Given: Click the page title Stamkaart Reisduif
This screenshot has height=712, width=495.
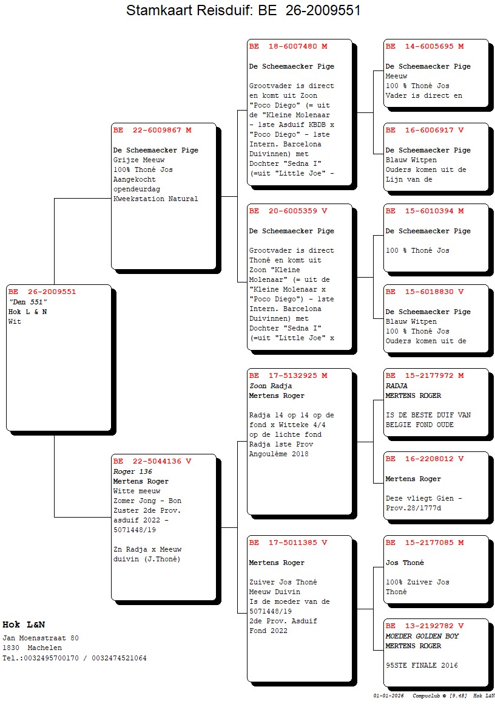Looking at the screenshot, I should click(x=243, y=10).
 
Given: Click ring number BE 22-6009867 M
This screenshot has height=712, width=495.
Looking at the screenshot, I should click(x=152, y=130).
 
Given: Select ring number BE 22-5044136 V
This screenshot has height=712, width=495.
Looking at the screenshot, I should click(x=152, y=462).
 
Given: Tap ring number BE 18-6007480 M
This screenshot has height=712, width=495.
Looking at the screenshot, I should click(x=288, y=47).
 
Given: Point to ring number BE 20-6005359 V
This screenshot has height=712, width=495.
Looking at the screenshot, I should click(x=288, y=211).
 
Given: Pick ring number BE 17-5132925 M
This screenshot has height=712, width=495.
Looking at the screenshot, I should click(x=288, y=376).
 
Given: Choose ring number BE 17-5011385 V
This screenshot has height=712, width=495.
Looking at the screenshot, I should click(x=288, y=543).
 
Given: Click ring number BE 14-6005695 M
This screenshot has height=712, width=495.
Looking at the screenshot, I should click(x=425, y=47).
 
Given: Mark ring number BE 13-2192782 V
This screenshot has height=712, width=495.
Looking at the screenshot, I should click(x=425, y=626).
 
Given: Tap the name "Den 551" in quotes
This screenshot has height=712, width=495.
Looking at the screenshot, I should click(x=28, y=302).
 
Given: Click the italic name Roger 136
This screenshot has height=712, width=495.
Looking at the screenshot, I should click(x=132, y=471).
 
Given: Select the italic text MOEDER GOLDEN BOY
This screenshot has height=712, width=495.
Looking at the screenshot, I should click(x=422, y=636).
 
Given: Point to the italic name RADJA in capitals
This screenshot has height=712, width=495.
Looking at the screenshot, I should click(x=397, y=386).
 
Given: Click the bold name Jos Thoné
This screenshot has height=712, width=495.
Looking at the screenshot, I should click(x=405, y=563).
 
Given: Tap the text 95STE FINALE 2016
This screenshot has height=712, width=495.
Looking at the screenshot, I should click(x=422, y=665).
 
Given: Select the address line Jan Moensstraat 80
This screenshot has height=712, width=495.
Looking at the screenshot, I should click(x=41, y=638).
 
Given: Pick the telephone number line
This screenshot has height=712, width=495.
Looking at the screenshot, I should click(x=74, y=658).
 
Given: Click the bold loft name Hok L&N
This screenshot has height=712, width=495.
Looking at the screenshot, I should click(x=24, y=625).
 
